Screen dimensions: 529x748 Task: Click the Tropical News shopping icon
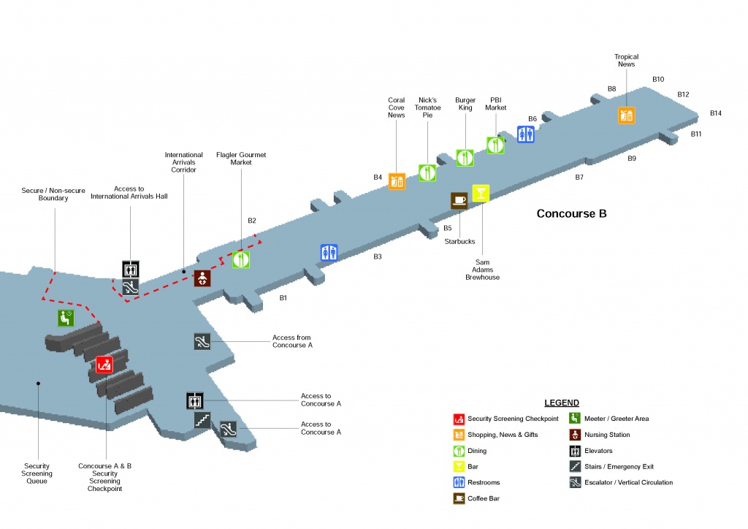pyautogui.click(x=627, y=115)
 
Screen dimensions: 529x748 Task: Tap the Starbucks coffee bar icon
pyautogui.click(x=459, y=201)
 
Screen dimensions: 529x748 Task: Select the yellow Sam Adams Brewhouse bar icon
pyautogui.click(x=481, y=193)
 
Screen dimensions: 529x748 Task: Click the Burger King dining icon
pyautogui.click(x=465, y=157)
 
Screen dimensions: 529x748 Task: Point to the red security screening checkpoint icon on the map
pyautogui.click(x=104, y=365)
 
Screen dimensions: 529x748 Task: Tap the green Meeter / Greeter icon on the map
pyautogui.click(x=66, y=318)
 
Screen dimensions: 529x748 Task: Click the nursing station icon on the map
pyautogui.click(x=202, y=278)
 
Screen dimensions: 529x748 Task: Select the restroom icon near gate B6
pyautogui.click(x=526, y=134)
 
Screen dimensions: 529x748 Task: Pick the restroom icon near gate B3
pyautogui.click(x=329, y=253)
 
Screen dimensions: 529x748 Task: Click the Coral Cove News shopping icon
pyautogui.click(x=397, y=180)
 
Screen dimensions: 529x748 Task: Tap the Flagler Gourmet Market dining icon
pyautogui.click(x=242, y=259)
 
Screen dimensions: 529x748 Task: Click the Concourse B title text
pyautogui.click(x=571, y=214)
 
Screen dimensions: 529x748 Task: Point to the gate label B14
pyautogui.click(x=716, y=113)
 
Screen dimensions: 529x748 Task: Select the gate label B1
pyautogui.click(x=283, y=298)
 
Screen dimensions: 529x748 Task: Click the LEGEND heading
pyautogui.click(x=562, y=403)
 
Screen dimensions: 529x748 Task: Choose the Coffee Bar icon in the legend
pyautogui.click(x=458, y=499)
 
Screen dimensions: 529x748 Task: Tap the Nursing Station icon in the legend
pyautogui.click(x=575, y=435)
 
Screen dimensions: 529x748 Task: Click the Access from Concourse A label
pyautogui.click(x=292, y=341)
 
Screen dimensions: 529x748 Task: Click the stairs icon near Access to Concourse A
pyautogui.click(x=202, y=420)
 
